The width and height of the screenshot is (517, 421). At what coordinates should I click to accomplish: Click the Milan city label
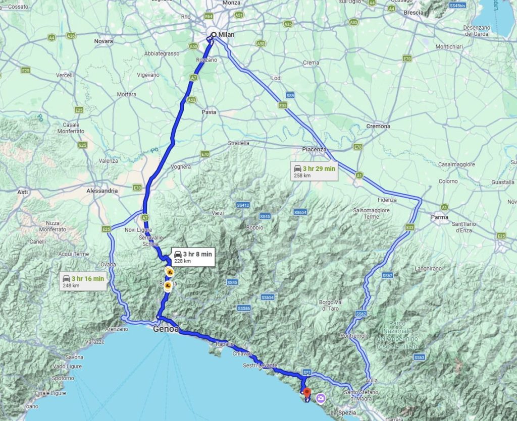pos(227,35)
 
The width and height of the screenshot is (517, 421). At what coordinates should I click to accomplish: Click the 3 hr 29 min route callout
pos(314,171)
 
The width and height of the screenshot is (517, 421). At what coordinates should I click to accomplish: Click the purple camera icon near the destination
pos(320,399)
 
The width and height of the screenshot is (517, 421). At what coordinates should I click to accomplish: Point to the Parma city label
pos(440,217)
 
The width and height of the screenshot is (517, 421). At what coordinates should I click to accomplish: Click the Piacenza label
pos(314,149)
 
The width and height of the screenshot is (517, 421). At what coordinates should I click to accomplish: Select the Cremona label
pos(379,127)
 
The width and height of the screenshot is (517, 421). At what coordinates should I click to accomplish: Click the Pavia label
pos(209,112)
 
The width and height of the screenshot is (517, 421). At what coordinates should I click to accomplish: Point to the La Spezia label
pos(344,412)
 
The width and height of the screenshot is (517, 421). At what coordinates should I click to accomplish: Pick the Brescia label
pos(413,13)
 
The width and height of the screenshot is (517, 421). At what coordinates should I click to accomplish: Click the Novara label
pos(104,41)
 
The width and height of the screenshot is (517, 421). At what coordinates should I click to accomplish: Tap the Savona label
pos(74,357)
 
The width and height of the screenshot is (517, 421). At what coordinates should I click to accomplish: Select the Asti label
pos(22,192)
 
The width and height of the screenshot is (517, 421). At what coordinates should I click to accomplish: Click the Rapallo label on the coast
pos(225,344)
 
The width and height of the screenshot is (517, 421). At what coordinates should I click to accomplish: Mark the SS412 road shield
pos(243,205)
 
